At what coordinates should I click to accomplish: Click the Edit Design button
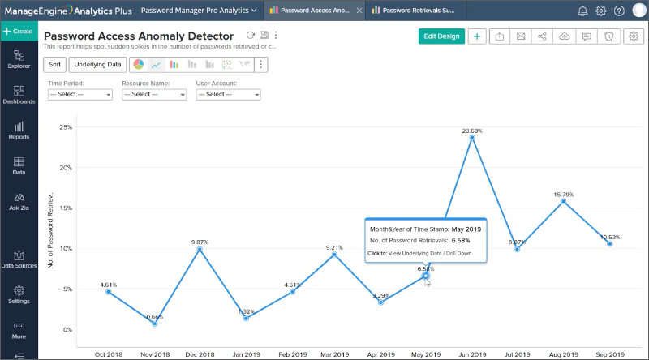441,36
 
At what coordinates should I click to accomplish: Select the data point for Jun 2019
472,137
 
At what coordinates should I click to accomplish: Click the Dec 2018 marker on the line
200,249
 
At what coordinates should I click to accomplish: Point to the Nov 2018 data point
154,324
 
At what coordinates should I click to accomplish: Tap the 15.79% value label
563,194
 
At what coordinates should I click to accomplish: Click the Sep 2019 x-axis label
609,354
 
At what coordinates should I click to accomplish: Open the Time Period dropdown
80,94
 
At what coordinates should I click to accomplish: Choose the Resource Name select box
153,94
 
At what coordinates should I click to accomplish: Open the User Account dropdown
228,94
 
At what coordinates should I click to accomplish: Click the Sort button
54,65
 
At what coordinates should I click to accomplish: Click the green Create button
18,31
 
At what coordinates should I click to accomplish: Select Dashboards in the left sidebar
19,95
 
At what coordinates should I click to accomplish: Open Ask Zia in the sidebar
19,202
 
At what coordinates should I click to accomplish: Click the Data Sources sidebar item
19,259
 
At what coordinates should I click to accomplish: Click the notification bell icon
582,11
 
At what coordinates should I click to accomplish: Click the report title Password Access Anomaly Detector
139,36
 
